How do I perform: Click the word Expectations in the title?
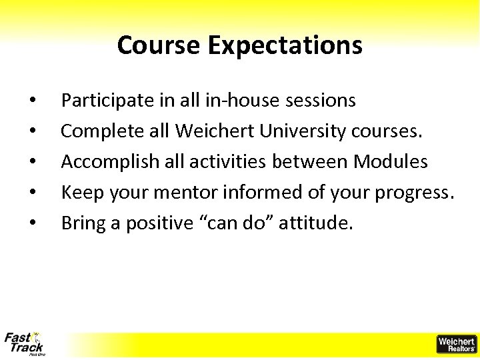coord(285,46)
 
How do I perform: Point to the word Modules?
coord(391,161)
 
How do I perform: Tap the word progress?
coord(414,193)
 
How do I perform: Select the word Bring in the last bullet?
coord(81,223)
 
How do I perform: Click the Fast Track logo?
coord(24,343)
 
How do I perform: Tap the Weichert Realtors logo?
coord(456,344)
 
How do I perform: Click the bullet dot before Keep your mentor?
coord(33,193)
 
